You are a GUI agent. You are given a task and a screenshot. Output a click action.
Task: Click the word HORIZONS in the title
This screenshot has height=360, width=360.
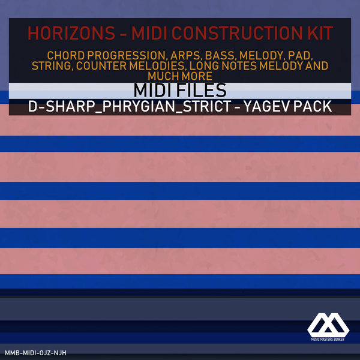(x=71, y=33)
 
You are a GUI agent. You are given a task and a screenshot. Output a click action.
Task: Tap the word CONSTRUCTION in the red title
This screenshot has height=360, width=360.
(x=237, y=33)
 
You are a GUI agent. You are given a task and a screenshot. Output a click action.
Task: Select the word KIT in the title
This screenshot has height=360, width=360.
(x=320, y=33)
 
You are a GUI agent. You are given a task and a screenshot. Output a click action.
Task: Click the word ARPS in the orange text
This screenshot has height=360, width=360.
(x=185, y=56)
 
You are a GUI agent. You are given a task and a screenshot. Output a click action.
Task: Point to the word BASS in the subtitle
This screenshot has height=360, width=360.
(x=220, y=56)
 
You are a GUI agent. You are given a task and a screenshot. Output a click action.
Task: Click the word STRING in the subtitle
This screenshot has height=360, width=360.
(x=52, y=66)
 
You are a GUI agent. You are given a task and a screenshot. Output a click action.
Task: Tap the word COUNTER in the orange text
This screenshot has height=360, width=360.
(x=101, y=66)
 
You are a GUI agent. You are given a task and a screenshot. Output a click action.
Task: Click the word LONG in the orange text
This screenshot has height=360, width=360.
(x=204, y=66)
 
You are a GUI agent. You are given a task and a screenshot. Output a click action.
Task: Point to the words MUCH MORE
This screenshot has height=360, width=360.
(x=180, y=76)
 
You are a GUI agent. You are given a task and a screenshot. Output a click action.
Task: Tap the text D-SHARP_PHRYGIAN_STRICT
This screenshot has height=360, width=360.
(x=130, y=106)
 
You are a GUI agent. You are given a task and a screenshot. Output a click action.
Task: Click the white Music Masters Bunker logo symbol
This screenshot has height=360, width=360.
(x=328, y=325)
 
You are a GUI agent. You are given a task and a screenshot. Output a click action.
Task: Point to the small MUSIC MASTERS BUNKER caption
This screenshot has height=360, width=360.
(x=328, y=340)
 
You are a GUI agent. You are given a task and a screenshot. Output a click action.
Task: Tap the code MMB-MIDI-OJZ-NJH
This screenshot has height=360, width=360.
(x=35, y=353)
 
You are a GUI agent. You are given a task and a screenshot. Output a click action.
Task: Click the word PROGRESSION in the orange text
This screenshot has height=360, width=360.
(x=126, y=56)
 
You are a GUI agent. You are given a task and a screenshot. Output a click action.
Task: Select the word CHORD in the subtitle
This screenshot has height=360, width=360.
(x=66, y=56)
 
